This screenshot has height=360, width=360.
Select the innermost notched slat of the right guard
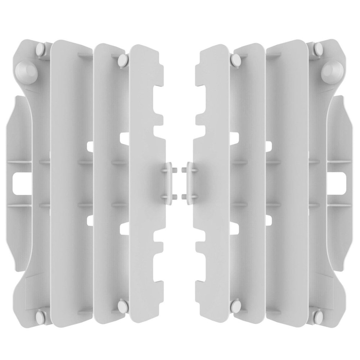pyautogui.click(x=212, y=180)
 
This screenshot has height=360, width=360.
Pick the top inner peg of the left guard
pyautogui.click(x=123, y=60)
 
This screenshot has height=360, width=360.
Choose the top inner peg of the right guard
pyautogui.click(x=237, y=60)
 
